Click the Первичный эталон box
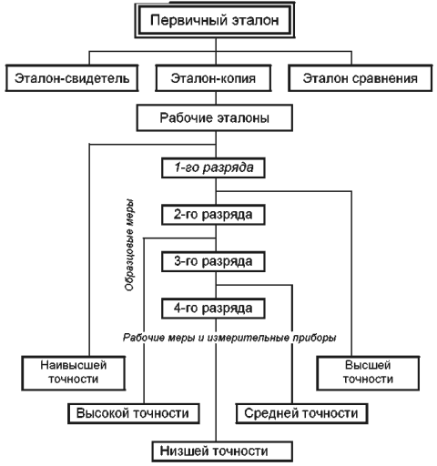point(215,20)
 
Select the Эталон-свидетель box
point(72,78)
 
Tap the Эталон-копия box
point(213,78)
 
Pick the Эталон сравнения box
point(361,78)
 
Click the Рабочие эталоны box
point(215,117)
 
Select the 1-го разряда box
point(213,167)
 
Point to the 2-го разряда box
point(213,215)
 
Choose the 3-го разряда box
point(213,261)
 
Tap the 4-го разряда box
point(213,309)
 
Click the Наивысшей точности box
point(74,373)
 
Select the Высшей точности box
point(368,373)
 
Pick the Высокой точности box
point(134,413)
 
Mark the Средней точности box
point(301,413)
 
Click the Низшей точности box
point(222,451)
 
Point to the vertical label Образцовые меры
point(129,245)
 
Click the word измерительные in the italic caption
point(248,338)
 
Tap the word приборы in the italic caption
point(314,338)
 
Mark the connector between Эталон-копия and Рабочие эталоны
point(216,97)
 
